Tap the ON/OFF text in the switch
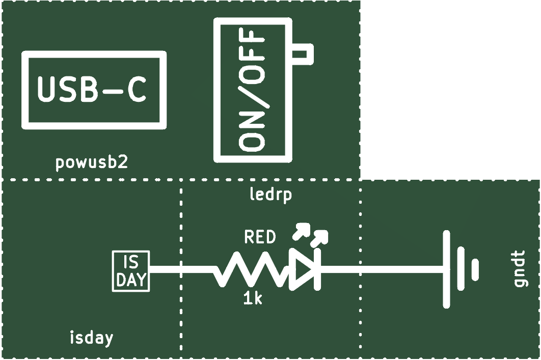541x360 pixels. (252, 90)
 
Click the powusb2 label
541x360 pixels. (92, 162)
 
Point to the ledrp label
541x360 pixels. (270, 194)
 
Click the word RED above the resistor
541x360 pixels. (260, 237)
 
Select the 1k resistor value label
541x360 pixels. (253, 298)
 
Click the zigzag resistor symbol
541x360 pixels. (251, 269)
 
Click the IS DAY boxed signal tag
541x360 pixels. (131, 271)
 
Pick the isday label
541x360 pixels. (91, 338)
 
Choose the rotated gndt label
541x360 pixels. (520, 269)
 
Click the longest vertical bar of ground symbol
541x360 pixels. (446, 269)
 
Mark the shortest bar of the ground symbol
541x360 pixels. (475, 269)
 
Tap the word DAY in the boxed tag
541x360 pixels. (131, 280)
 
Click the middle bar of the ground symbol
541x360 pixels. (462, 269)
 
